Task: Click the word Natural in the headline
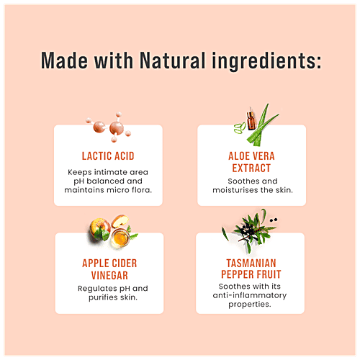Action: tap(172, 60)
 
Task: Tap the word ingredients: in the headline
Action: tap(266, 62)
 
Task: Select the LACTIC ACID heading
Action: tap(108, 156)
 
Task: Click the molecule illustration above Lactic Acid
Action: tap(109, 127)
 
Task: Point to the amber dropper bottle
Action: tap(251, 119)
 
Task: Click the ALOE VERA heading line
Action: tap(251, 156)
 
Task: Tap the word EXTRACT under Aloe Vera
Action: tap(251, 168)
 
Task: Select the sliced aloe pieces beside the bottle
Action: tap(240, 127)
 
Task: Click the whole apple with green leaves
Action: tap(100, 229)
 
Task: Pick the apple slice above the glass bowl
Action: tap(120, 221)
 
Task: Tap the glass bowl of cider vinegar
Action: tap(120, 238)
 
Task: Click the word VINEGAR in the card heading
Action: tap(109, 275)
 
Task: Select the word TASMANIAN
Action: tap(251, 264)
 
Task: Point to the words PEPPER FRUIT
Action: tap(251, 274)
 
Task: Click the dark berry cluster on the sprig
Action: tap(247, 230)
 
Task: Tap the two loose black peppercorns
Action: tap(274, 220)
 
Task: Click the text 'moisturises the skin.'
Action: tap(253, 190)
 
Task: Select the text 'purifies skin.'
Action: tap(113, 297)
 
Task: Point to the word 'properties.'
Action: tap(250, 305)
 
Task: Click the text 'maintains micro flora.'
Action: tap(108, 190)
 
